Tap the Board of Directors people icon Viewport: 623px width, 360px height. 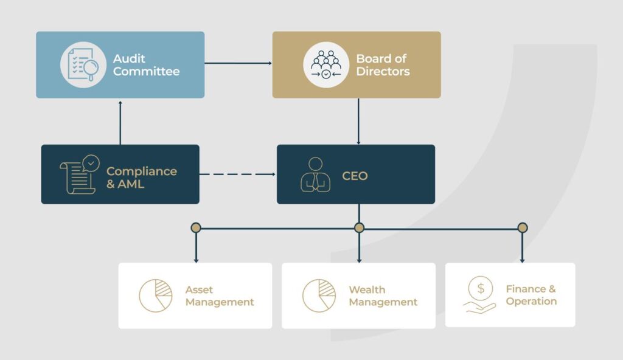326,64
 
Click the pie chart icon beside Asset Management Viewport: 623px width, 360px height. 155,296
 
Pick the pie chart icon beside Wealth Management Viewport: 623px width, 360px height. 319,296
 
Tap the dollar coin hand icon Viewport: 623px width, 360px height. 481,295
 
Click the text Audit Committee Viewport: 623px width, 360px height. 146,65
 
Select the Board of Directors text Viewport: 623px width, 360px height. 383,65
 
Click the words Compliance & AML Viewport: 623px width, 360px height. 141,177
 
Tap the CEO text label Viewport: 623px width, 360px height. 355,177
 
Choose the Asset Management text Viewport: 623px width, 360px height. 220,296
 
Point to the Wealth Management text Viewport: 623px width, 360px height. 383,296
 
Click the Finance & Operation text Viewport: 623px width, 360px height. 531,295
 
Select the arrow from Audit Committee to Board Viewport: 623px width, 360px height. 238,63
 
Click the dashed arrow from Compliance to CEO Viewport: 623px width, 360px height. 237,175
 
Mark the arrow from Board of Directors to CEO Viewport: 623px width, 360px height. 358,122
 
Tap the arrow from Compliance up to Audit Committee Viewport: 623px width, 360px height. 120,122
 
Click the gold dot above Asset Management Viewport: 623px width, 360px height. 195,228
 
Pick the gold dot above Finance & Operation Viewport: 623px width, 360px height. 522,228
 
